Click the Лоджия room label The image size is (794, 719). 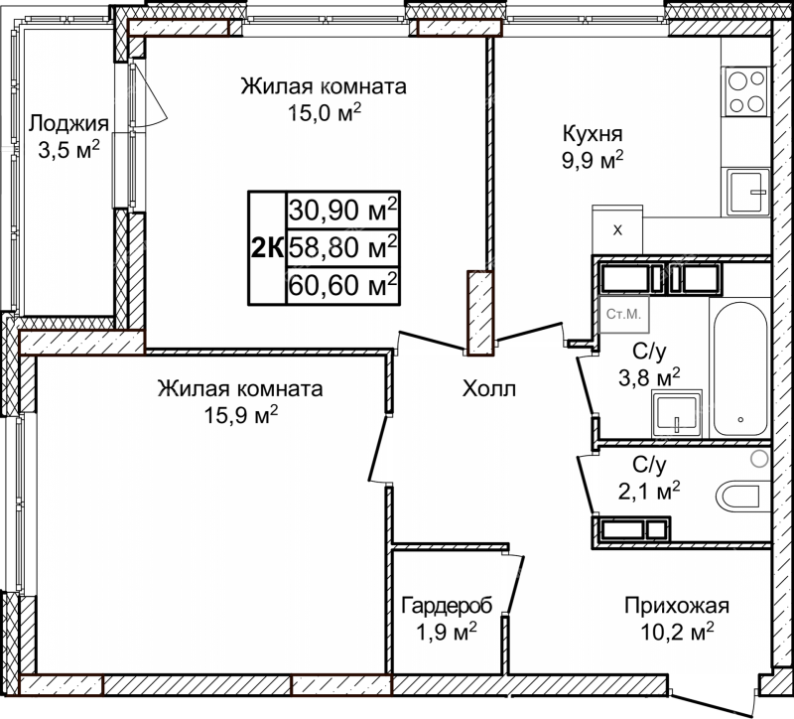coord(68,123)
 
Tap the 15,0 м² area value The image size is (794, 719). coord(325,112)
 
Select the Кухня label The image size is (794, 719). coord(593,135)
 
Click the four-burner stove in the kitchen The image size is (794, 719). coord(746,91)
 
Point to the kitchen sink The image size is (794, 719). coord(748,191)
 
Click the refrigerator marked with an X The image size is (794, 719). coord(617,229)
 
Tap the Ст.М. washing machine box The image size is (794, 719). coord(624,314)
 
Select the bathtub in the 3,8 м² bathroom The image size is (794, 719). coord(740,368)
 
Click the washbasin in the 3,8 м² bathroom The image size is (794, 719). coord(677,414)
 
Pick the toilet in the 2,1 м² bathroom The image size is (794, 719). coord(739,495)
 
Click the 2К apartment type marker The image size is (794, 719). coord(267,248)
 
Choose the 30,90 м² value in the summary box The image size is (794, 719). coord(342,210)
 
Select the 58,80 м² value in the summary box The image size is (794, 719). coord(342,247)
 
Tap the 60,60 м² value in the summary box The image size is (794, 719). coord(342,285)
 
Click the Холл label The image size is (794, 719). coord(489,389)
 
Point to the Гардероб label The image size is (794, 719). coord(447,606)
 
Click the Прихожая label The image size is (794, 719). coord(677,606)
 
